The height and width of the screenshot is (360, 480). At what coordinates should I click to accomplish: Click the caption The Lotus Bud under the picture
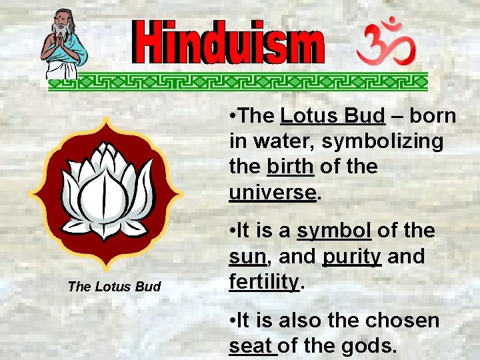[x=114, y=287]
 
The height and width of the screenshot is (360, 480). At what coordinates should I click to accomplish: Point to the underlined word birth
[x=289, y=167]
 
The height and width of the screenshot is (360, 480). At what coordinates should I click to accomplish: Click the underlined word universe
[x=271, y=192]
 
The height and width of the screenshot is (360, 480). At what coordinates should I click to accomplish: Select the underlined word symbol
[x=334, y=231]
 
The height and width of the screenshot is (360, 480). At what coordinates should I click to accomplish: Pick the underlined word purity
[x=352, y=257]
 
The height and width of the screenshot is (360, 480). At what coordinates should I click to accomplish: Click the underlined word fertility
[x=264, y=282]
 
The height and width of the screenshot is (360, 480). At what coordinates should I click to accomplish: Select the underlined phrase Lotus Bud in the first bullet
[x=332, y=116]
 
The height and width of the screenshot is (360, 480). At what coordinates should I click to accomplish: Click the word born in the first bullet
[x=433, y=116]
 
